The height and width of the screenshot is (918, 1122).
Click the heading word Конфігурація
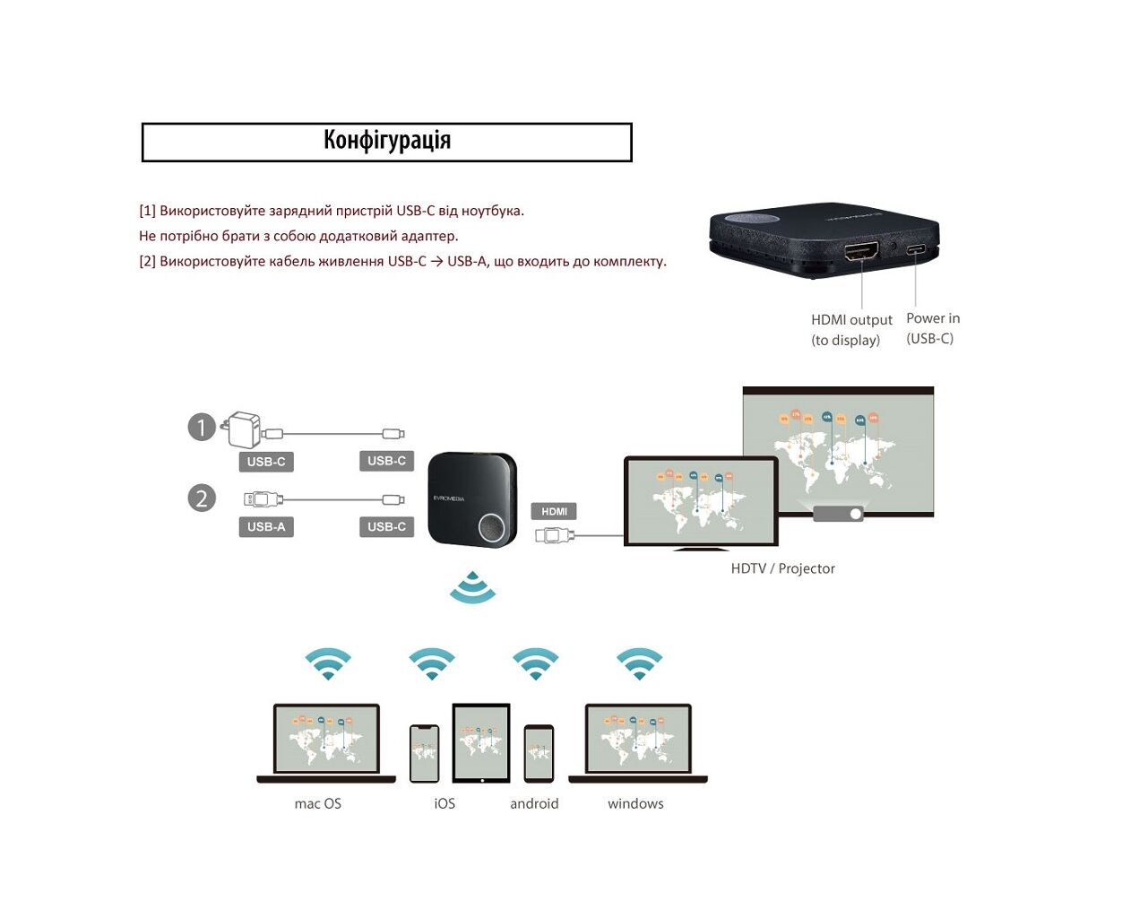pyautogui.click(x=387, y=141)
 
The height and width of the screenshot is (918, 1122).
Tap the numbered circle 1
pyautogui.click(x=202, y=428)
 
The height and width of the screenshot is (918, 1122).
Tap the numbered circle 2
pyautogui.click(x=202, y=498)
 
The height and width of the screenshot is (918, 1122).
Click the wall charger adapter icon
pyautogui.click(x=243, y=429)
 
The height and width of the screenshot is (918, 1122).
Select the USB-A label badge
pyautogui.click(x=266, y=527)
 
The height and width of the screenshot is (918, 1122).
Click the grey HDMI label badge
pyautogui.click(x=554, y=511)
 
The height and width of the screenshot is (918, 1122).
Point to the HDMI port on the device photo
pyautogui.click(x=861, y=250)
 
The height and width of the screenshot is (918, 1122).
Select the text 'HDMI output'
pyautogui.click(x=851, y=320)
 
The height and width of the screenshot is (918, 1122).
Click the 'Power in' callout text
pyautogui.click(x=933, y=318)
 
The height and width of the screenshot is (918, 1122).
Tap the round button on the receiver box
pyautogui.click(x=493, y=527)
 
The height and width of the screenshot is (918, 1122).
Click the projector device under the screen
pyautogui.click(x=838, y=514)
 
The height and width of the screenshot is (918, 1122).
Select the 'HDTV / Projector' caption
pyautogui.click(x=782, y=568)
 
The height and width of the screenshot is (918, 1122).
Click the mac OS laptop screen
pyautogui.click(x=326, y=739)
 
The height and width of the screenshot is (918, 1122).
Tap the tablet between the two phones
pyautogui.click(x=481, y=742)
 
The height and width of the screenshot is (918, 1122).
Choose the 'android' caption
pyautogui.click(x=534, y=804)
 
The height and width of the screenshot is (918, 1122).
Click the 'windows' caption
pyautogui.click(x=635, y=804)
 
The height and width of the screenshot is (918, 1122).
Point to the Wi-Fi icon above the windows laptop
pyautogui.click(x=639, y=663)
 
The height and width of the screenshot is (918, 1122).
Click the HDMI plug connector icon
pyautogui.click(x=554, y=536)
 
